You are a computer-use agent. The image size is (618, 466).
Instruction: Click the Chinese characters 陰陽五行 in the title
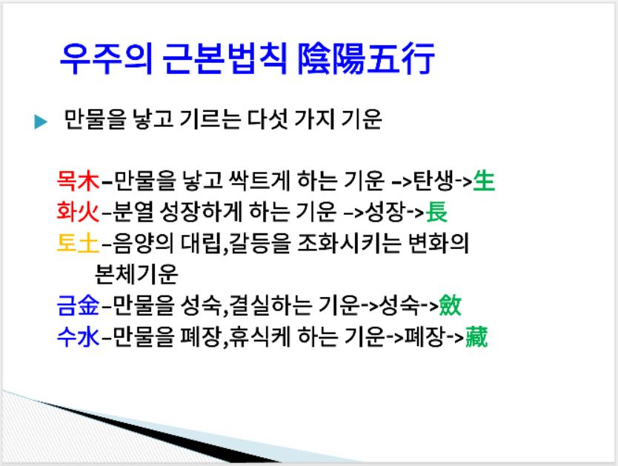(x=366, y=59)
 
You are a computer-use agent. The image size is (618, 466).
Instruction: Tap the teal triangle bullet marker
(x=41, y=122)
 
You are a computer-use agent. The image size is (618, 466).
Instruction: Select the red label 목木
(x=78, y=182)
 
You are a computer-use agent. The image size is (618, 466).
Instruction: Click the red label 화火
(x=78, y=212)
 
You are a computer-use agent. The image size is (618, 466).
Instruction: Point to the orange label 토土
(x=78, y=243)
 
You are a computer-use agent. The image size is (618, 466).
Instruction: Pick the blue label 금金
(x=78, y=306)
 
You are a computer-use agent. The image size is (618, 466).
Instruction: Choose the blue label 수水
(x=78, y=337)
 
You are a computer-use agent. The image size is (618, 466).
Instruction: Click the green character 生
(x=484, y=182)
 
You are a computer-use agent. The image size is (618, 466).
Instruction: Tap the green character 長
(x=436, y=212)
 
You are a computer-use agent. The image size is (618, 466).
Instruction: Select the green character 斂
(x=450, y=306)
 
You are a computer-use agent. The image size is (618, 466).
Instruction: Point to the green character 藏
(x=476, y=337)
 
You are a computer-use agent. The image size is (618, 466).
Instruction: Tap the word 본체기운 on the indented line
(x=136, y=274)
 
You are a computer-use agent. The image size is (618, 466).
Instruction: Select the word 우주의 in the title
(x=106, y=59)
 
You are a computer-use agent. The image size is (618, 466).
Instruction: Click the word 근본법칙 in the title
(x=224, y=59)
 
